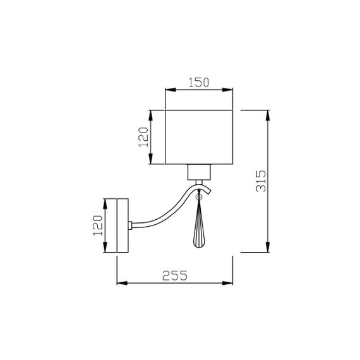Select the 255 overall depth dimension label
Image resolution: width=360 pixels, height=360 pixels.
point(174,275)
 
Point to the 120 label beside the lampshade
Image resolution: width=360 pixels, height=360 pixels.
point(143,136)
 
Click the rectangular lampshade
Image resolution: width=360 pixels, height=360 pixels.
point(200,137)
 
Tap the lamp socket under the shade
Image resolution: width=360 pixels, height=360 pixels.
point(200,172)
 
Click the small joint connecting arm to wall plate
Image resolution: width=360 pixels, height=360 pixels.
point(131,225)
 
